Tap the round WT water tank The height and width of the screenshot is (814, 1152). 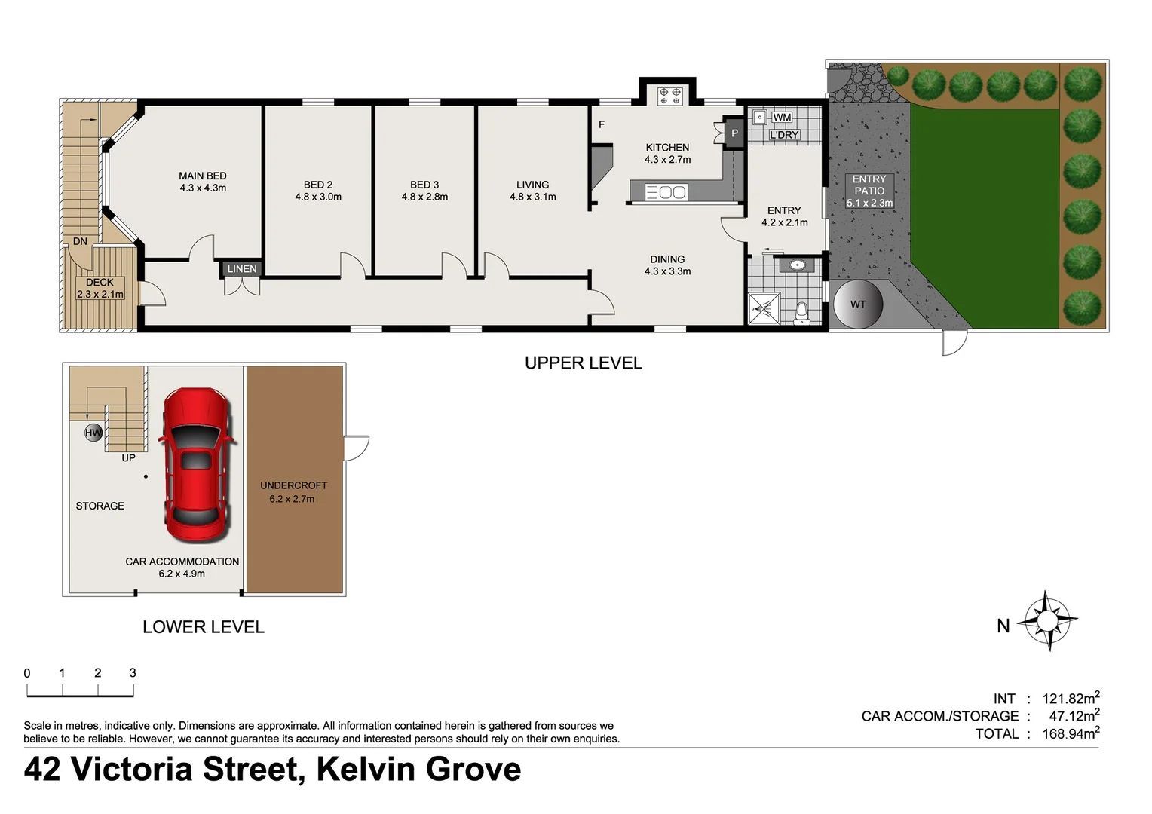tap(858, 304)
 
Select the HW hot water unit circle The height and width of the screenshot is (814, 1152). tap(93, 433)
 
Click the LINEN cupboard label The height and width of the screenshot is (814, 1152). tap(242, 268)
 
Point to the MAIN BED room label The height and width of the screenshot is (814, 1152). tap(203, 176)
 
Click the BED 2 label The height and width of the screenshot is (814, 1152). tap(318, 185)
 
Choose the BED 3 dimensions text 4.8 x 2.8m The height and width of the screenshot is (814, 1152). tap(424, 197)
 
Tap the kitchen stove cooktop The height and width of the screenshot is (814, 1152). tap(669, 96)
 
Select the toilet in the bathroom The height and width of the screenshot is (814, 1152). tap(801, 311)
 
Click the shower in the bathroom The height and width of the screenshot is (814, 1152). tap(763, 308)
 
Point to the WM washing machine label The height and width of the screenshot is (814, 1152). tap(782, 118)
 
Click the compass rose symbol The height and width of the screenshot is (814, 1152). tap(1047, 620)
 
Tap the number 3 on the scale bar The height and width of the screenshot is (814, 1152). tap(133, 673)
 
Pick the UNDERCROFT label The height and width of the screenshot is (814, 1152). tap(293, 485)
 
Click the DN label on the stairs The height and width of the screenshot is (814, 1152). tap(80, 242)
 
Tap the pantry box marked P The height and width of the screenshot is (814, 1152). tap(734, 133)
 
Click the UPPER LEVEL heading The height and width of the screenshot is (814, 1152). tap(584, 363)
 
